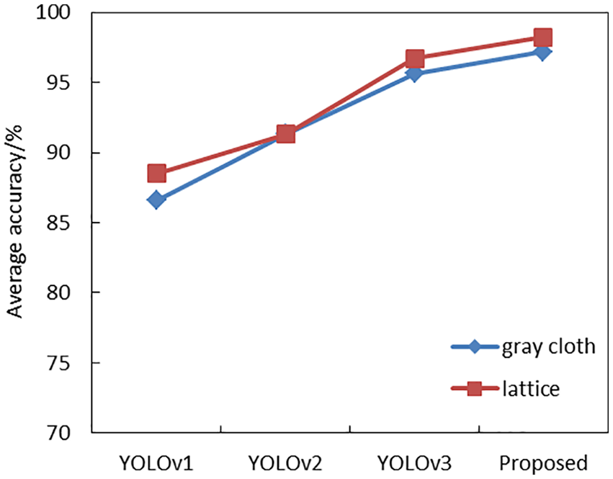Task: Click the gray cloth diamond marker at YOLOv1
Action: (x=156, y=200)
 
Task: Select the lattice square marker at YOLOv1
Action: (x=156, y=173)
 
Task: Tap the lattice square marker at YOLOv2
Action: (x=286, y=134)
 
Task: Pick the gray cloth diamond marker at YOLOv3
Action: (x=415, y=73)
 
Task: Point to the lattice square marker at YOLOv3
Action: (x=415, y=58)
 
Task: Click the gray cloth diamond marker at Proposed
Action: (x=543, y=52)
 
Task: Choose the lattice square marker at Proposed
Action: (x=543, y=37)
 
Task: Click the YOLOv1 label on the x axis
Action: (x=156, y=462)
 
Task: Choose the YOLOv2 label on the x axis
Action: (x=286, y=462)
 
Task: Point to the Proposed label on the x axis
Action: (x=544, y=462)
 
